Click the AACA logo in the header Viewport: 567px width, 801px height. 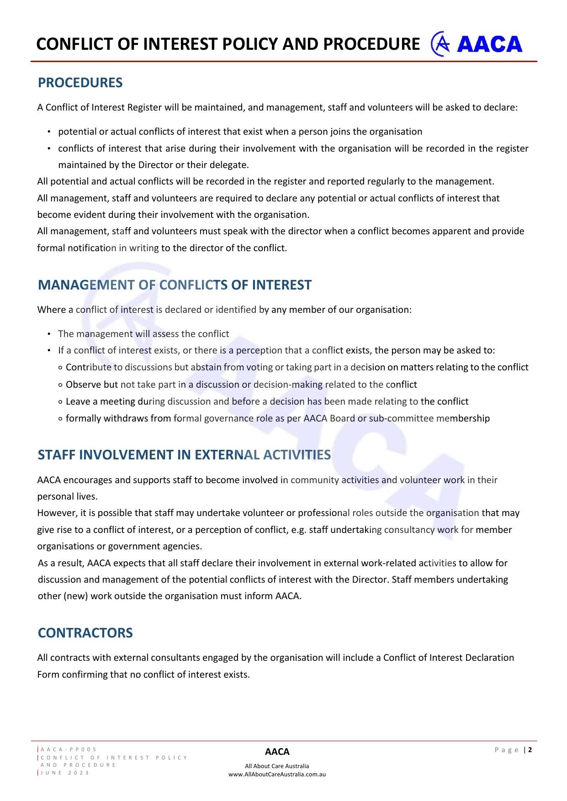pos(477,44)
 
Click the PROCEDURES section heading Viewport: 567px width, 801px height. pos(80,83)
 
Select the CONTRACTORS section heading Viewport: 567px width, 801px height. pos(85,633)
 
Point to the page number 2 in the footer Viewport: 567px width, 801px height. pos(530,749)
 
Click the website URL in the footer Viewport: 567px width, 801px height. pos(277,774)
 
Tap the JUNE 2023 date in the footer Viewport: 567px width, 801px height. pos(65,773)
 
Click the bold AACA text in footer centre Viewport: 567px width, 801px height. pos(277,752)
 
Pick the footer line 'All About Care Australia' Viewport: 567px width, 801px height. pos(277,766)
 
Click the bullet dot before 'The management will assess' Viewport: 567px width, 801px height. pos(48,334)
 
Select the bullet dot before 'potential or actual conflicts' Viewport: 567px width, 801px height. pos(48,132)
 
